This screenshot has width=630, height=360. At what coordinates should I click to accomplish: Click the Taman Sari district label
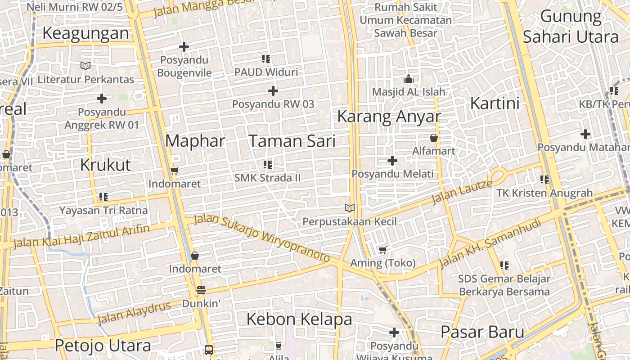[x=292, y=141]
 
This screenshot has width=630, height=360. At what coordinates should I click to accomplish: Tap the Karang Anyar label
[x=389, y=116]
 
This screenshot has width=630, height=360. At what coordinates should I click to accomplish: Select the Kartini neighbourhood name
[x=495, y=103]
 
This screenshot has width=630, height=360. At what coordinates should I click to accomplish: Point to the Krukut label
[x=105, y=165]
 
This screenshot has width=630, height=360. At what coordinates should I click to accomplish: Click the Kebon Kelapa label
[x=299, y=319]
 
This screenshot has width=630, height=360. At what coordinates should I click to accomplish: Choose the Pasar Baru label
[x=482, y=332]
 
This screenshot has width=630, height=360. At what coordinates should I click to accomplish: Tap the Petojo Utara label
[x=103, y=346]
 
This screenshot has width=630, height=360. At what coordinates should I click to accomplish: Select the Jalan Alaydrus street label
[x=134, y=313]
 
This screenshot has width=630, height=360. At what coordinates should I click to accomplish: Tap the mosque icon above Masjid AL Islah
[x=409, y=79]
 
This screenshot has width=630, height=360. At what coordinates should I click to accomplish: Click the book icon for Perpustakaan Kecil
[x=350, y=208]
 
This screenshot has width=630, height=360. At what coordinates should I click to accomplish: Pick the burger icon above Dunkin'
[x=201, y=290]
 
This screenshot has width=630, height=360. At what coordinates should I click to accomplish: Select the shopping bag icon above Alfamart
[x=434, y=138]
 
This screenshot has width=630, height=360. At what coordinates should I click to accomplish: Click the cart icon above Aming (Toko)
[x=382, y=250]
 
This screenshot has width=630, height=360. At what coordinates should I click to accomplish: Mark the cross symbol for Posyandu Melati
[x=392, y=160]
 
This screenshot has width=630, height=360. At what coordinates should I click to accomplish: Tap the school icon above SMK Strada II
[x=268, y=165]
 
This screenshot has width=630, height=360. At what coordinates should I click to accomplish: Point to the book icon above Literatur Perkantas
[x=85, y=66]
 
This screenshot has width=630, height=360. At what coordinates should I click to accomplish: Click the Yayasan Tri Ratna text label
[x=103, y=210]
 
